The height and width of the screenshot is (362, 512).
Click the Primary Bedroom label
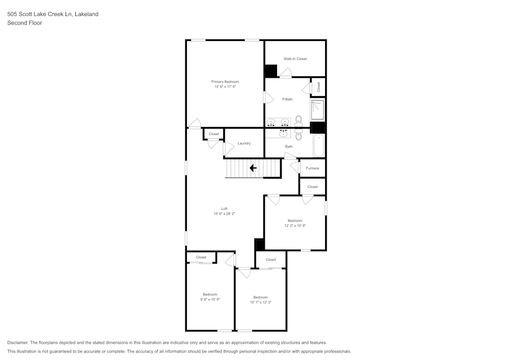(225, 82)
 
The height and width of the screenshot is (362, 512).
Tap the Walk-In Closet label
(295, 59)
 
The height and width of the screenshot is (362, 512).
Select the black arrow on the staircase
(253, 168)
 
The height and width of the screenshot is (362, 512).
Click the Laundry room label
(244, 143)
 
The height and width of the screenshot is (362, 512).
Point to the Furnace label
(312, 168)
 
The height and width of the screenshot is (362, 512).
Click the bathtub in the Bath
(319, 146)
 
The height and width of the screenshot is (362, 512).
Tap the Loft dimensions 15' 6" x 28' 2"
(224, 214)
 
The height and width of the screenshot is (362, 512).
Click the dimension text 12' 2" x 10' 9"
(295, 225)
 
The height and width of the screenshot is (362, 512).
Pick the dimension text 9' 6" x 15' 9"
(210, 300)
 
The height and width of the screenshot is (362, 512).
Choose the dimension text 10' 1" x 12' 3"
(260, 302)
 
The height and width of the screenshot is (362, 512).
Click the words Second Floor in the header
(25, 23)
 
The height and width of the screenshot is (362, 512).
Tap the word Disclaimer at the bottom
(18, 343)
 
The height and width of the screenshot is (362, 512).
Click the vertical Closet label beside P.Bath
(318, 87)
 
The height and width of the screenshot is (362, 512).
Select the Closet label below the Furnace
(312, 187)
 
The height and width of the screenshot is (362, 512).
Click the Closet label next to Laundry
(214, 134)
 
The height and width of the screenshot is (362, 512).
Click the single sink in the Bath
(283, 133)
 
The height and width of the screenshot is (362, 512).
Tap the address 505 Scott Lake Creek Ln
(39, 14)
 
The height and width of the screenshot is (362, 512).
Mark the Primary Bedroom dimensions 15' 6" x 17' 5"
(225, 87)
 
